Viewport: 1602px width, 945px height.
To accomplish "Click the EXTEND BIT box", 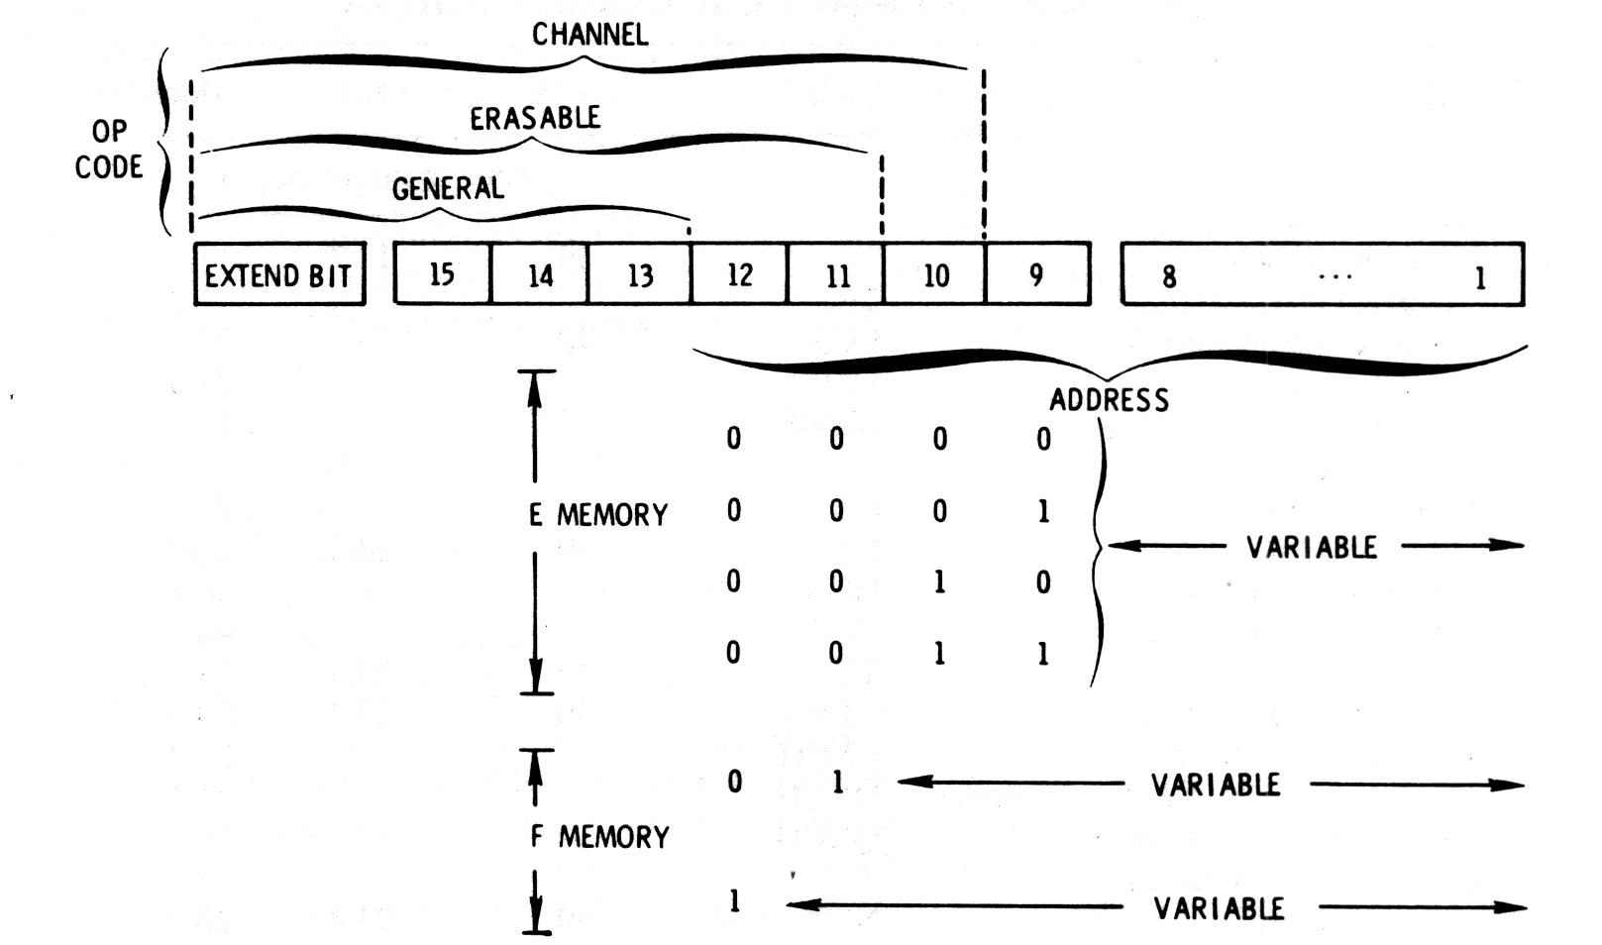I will [279, 274].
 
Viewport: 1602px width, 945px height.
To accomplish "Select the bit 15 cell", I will [442, 274].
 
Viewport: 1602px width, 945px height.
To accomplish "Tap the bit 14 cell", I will [540, 274].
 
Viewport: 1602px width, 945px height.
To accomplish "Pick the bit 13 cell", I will [640, 274].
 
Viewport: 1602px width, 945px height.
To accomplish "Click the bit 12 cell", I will [739, 274].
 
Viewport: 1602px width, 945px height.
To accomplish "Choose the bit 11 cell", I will [837, 274].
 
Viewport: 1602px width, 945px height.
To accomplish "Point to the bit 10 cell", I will [935, 274].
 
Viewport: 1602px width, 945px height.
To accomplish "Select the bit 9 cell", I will [1036, 274].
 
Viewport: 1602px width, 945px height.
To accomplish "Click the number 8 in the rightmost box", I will [1169, 276].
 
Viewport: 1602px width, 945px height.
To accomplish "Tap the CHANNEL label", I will [589, 35].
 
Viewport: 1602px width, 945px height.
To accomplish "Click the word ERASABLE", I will [535, 119].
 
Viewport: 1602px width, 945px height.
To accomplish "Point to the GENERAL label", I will [448, 188].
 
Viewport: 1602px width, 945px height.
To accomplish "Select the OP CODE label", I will [109, 150].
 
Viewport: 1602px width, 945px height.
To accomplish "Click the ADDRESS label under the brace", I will [1110, 400].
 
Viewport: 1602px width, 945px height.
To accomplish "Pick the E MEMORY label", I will [598, 515].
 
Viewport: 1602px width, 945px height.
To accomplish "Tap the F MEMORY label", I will [599, 837].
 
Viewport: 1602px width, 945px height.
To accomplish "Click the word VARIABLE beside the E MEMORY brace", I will [1312, 547].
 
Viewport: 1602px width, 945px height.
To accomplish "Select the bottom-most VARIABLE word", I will [1219, 908].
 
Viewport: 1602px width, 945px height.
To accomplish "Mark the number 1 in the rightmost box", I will [1480, 277].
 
